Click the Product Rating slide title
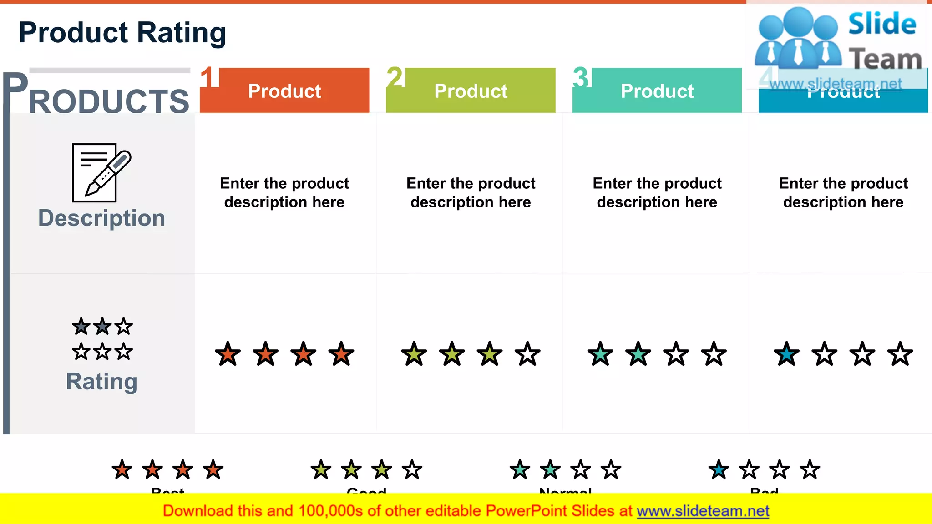point(122,33)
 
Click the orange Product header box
point(284,91)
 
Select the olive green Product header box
point(471,91)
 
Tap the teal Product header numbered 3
point(657,91)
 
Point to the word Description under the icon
point(101,218)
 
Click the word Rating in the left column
point(101,381)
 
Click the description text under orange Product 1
point(284,192)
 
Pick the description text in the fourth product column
point(843,192)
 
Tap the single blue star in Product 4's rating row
point(786,354)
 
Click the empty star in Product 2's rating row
point(527,354)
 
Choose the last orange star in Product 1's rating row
point(341,354)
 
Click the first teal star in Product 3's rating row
point(600,354)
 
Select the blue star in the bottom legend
point(719,469)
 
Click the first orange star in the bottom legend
point(122,469)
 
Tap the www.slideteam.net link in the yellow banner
point(703,511)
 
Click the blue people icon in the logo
point(798,39)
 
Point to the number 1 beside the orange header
point(209,77)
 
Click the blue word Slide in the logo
point(882,24)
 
